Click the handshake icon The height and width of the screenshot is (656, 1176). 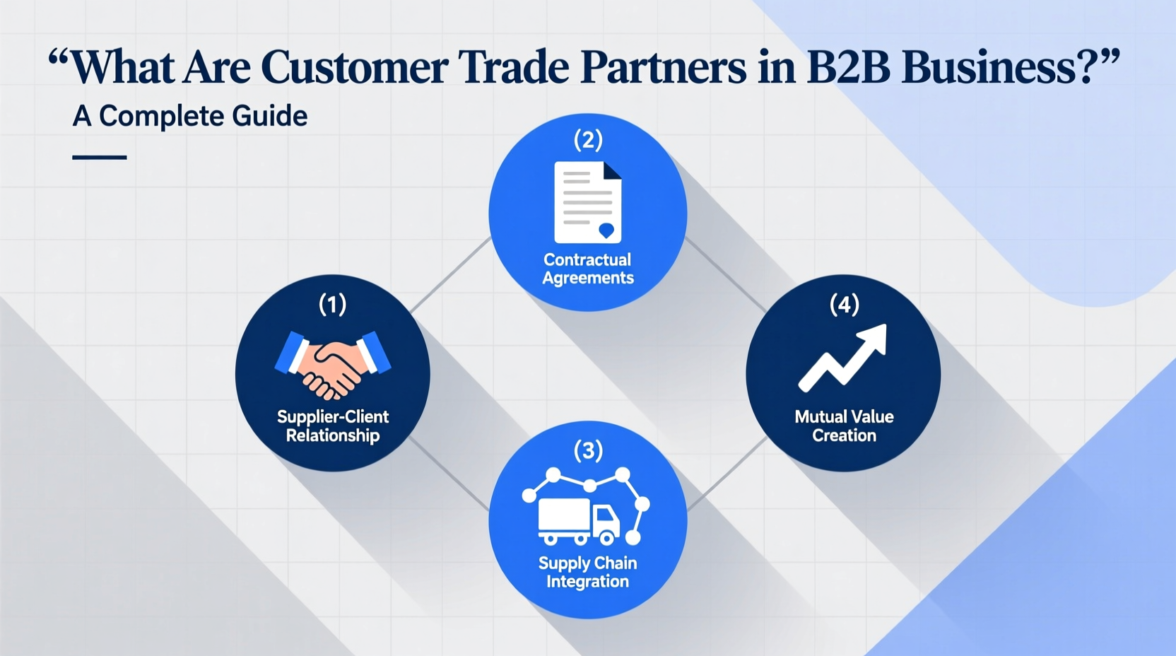click(332, 364)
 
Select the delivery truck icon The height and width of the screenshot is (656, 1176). click(579, 520)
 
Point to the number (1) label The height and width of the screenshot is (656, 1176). click(332, 305)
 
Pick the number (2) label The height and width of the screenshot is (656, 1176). click(588, 140)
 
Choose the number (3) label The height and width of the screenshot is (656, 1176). click(588, 450)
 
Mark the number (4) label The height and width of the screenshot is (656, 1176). click(844, 305)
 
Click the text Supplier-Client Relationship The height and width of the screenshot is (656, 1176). click(333, 426)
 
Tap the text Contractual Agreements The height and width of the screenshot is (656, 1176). click(588, 269)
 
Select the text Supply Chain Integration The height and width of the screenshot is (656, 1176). click(588, 573)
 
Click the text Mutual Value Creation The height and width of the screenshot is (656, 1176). click(844, 426)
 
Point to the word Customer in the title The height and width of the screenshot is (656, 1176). click(354, 68)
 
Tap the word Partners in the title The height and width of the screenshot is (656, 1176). click(663, 68)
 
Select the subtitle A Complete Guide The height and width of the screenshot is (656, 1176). click(190, 117)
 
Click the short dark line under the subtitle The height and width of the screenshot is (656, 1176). click(100, 157)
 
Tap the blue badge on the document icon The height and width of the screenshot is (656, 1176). click(606, 230)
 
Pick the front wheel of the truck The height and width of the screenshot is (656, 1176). click(606, 539)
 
